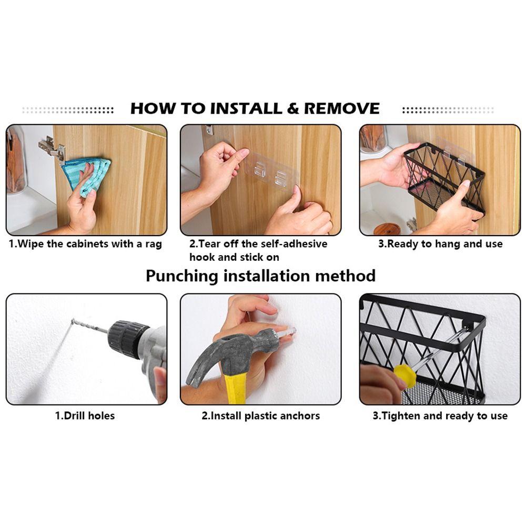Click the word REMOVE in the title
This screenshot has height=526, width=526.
341,108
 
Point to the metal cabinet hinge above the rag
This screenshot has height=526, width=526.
51,149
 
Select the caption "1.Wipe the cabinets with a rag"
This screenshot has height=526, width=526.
85,244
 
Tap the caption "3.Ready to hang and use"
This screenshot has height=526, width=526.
440,244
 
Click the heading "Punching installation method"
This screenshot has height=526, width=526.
261,276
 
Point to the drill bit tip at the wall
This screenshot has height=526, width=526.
72,321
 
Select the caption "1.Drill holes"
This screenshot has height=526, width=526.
85,416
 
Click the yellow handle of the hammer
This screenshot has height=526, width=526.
235,388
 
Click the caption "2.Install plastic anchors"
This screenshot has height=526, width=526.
261,416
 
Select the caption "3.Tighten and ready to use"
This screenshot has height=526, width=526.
440,416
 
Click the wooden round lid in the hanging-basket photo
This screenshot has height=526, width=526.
387,229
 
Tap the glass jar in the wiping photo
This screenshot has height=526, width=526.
15,160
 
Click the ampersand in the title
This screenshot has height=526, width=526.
293,108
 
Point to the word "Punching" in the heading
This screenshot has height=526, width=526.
182,277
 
